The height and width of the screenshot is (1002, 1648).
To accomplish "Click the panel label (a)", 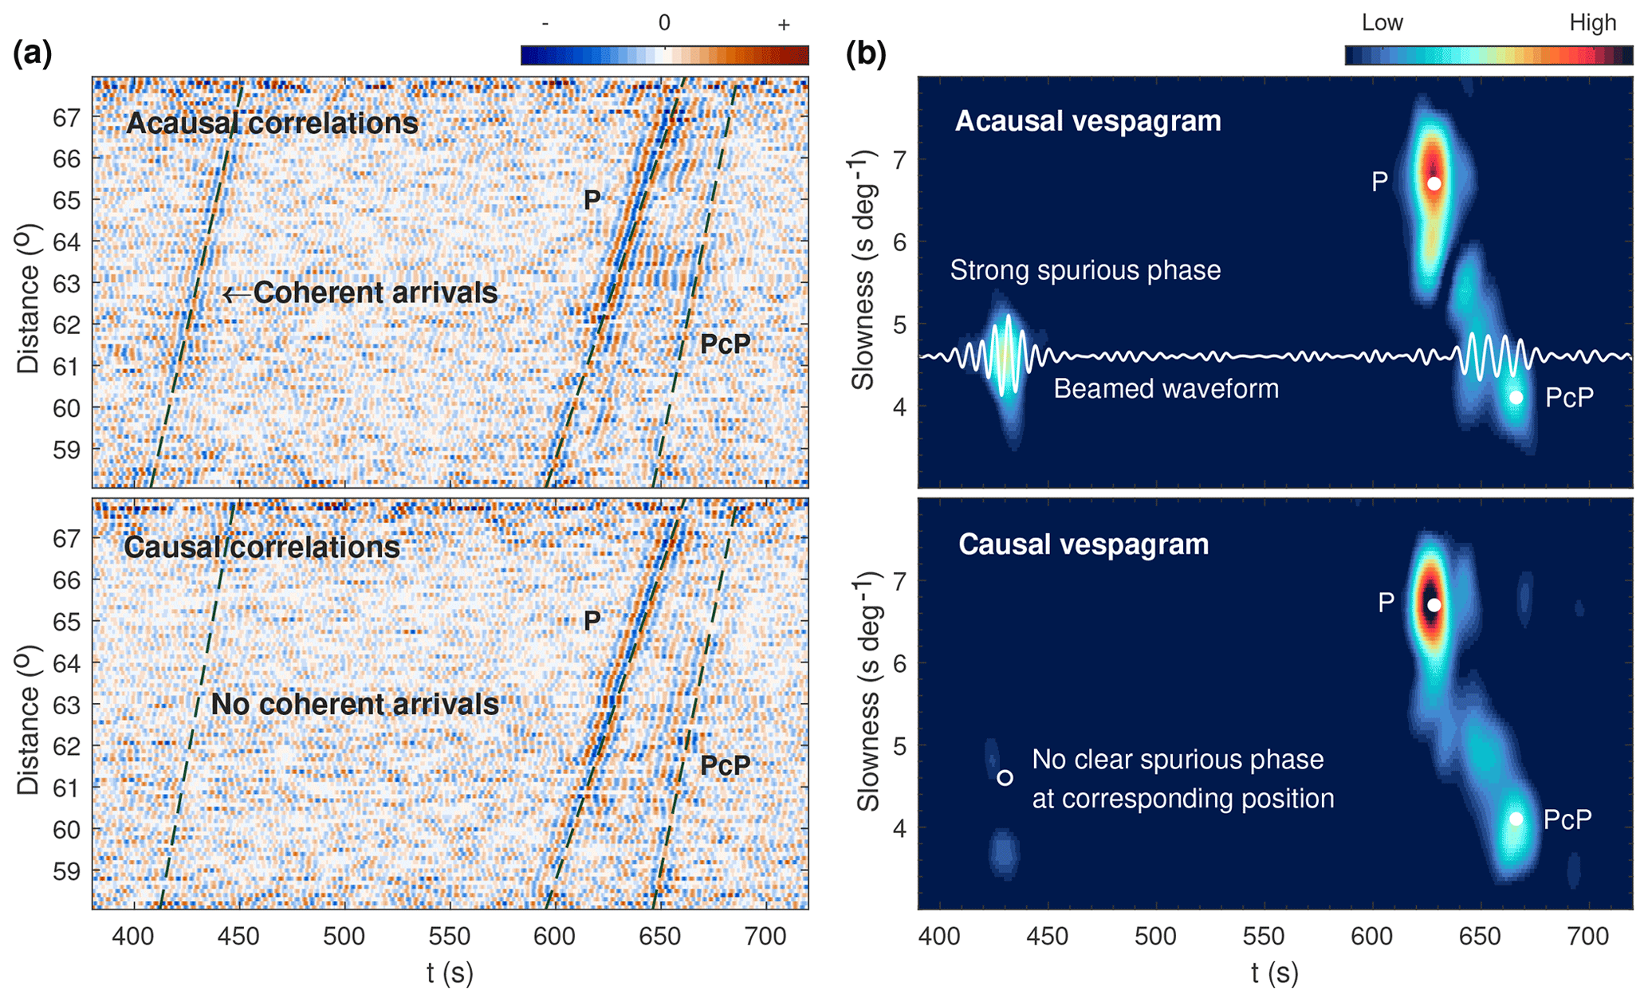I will pos(33,53).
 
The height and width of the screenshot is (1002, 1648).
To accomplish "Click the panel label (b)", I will pos(866,53).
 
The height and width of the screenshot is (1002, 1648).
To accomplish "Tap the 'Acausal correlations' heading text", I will pos(272,123).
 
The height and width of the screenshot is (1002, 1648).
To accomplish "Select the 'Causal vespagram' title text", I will pos(1084,544).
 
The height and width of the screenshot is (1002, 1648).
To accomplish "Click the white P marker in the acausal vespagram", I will pos(1434,183).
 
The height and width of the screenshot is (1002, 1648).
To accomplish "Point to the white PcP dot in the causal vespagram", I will pos(1516,819).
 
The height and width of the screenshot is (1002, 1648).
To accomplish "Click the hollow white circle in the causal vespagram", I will pos(1005,777).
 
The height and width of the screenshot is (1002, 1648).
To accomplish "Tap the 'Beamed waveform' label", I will pos(1166,389).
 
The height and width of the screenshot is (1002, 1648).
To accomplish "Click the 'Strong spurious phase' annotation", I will pos(1085,270).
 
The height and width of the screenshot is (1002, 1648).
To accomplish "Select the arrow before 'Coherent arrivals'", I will pos(235,294).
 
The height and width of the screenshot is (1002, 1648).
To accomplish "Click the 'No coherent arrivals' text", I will pos(355,705).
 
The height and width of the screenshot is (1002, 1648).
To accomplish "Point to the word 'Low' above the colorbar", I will pos(1382,22).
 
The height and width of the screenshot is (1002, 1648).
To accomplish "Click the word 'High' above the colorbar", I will pos(1592,22).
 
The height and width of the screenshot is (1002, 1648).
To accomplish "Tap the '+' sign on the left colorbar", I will pos(784,25).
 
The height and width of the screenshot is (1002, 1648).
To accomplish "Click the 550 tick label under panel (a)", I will pos(450,936).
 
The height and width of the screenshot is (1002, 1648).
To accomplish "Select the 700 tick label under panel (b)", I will pos(1589,936).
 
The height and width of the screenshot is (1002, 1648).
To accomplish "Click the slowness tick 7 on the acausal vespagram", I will pos(900,159).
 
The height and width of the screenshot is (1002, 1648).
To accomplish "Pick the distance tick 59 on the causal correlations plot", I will pos(67,870).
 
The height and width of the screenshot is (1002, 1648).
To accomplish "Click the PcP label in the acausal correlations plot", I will pos(725,344).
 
